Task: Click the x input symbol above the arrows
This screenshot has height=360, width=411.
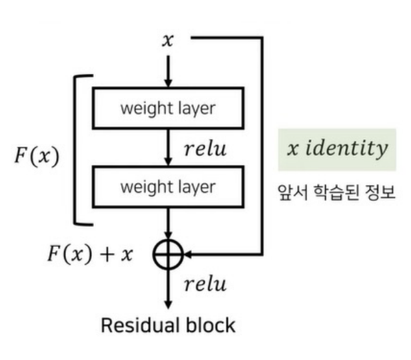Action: pos(169,40)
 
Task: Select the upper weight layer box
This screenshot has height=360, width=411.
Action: pos(168,108)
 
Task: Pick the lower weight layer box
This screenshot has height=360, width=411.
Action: pos(168,187)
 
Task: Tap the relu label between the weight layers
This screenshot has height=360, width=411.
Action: pos(205,148)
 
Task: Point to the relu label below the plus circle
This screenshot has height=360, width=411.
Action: pos(205,284)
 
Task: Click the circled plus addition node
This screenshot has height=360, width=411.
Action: pos(169,254)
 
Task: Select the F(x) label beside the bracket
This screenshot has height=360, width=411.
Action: pos(37,156)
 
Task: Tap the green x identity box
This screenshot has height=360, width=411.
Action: pos(336,149)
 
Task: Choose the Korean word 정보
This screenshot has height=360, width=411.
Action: pos(380,194)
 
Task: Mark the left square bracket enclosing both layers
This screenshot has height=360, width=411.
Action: pos(75,150)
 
